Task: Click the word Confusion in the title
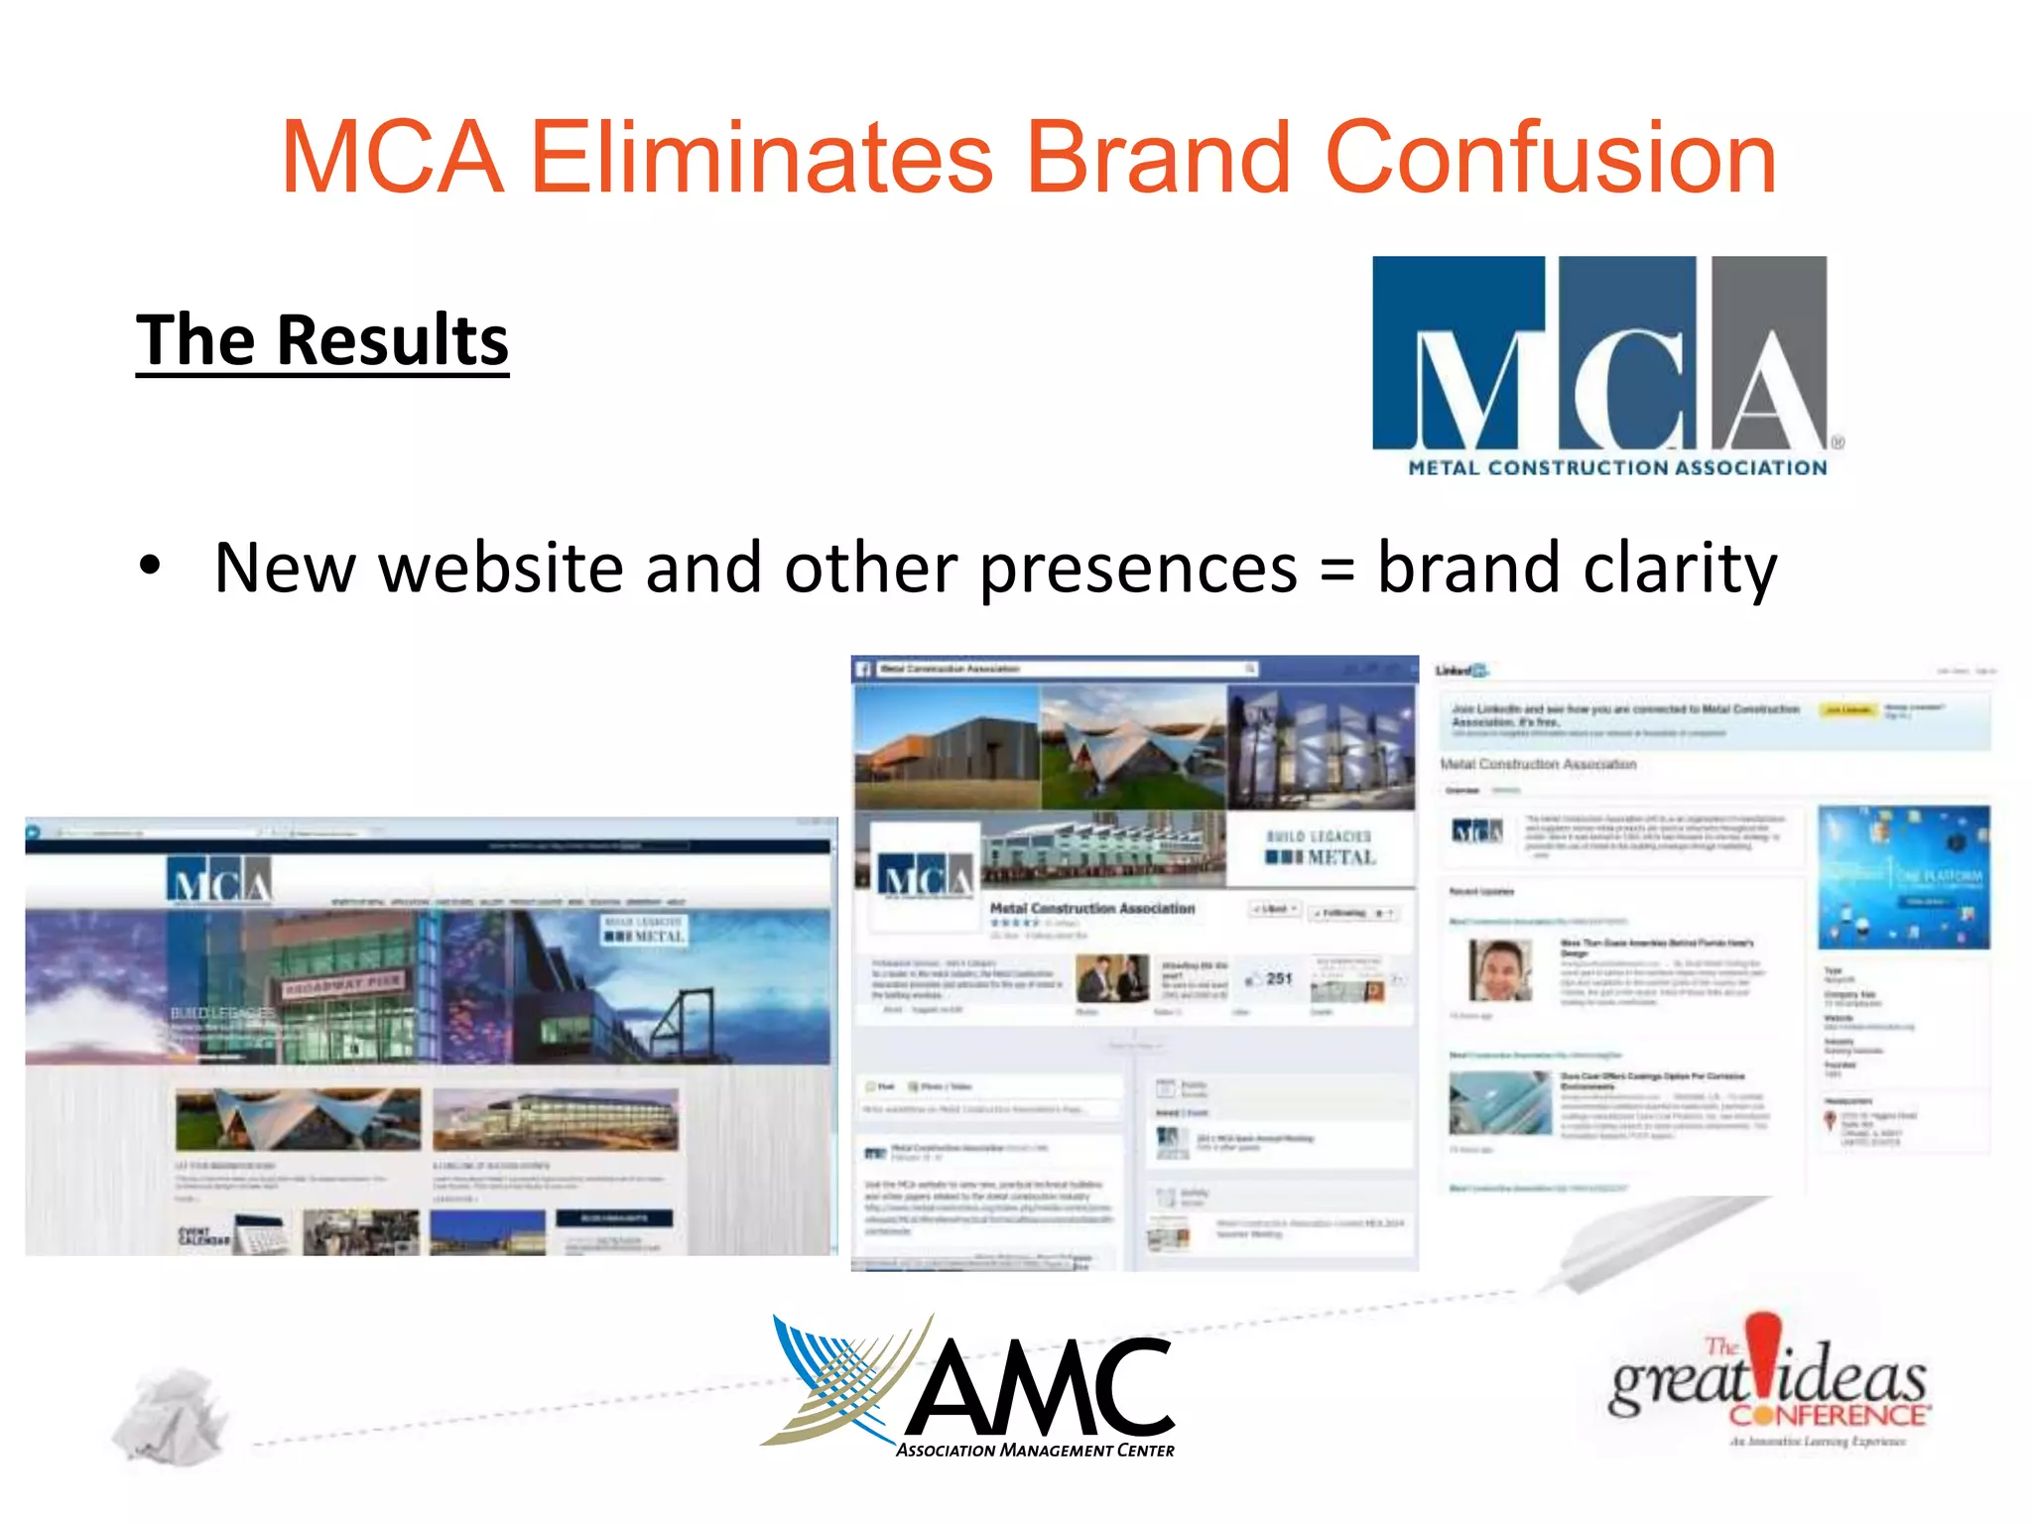[1550, 159]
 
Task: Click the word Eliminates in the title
[761, 159]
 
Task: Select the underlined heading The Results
[322, 340]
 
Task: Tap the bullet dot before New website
[150, 566]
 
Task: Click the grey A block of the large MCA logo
[1769, 352]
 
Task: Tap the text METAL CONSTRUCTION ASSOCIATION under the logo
[1617, 467]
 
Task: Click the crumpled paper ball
[171, 1415]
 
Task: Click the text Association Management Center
[1035, 1451]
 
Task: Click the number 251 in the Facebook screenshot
[1279, 978]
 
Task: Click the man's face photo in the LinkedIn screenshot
[1500, 971]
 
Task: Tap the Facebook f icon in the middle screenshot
[863, 670]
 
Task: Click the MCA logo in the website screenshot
[219, 881]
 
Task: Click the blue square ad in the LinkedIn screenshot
[1903, 877]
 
